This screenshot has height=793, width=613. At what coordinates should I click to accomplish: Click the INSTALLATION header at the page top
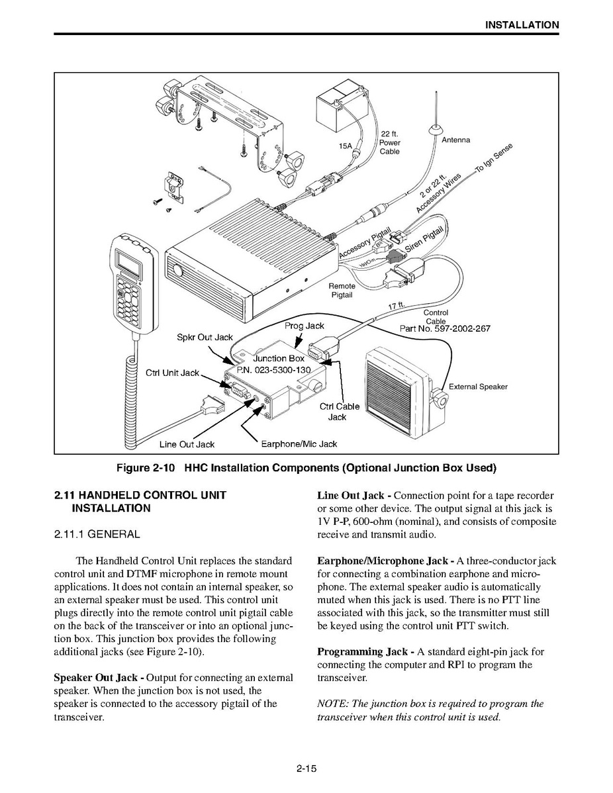click(x=522, y=24)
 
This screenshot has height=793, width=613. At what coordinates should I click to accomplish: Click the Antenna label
click(x=455, y=140)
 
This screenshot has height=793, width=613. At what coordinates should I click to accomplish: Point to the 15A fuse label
click(x=345, y=146)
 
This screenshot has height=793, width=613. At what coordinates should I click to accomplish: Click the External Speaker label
click(x=478, y=387)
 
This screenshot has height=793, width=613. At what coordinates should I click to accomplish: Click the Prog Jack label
click(x=304, y=326)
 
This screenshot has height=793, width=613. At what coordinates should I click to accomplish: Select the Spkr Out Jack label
click(x=205, y=338)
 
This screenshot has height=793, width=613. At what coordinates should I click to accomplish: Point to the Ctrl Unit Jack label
click(x=173, y=373)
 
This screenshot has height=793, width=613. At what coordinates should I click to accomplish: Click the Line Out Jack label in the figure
click(x=187, y=445)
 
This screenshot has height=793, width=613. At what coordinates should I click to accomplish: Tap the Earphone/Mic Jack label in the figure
click(x=299, y=444)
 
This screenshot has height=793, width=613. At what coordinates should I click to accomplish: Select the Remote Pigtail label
click(x=342, y=291)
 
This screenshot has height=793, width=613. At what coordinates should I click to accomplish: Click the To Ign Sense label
click(x=494, y=158)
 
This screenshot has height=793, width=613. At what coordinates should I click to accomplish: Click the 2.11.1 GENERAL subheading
click(x=97, y=534)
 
